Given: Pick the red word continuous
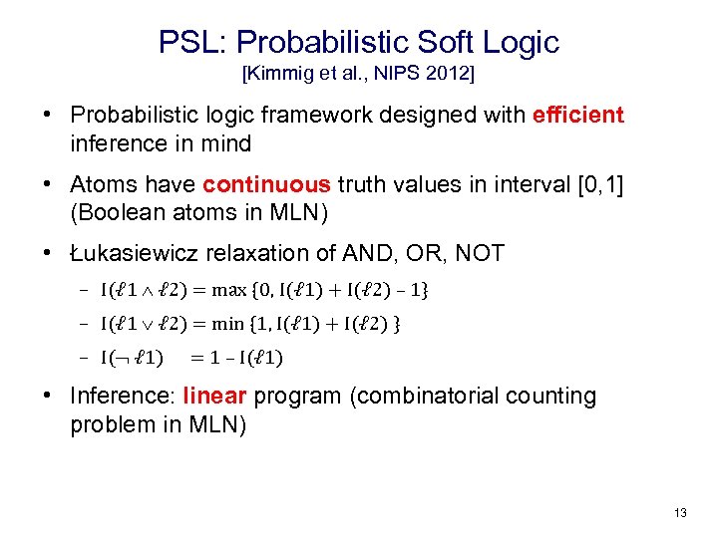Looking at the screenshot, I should click(x=266, y=184).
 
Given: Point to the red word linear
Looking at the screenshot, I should click(x=215, y=396).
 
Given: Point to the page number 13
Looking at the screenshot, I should click(x=680, y=513).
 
